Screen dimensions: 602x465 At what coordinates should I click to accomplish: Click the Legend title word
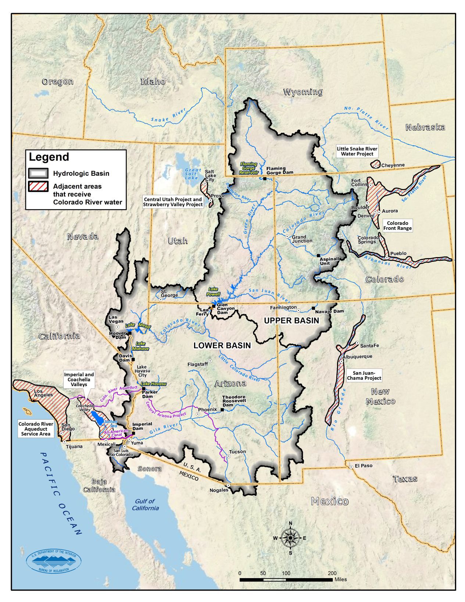(x=49, y=157)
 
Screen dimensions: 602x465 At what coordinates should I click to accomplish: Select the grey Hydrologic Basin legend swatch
(x=38, y=173)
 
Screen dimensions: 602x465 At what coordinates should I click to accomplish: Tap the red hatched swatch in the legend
(x=38, y=186)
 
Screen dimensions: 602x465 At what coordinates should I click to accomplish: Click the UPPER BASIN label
(x=291, y=321)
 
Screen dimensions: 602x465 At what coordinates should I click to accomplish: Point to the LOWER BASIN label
(x=222, y=346)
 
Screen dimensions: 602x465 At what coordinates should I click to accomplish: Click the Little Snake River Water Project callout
(x=357, y=152)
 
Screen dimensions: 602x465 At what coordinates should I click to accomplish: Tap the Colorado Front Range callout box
(x=397, y=225)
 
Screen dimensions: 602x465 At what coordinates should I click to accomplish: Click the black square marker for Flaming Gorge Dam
(x=265, y=179)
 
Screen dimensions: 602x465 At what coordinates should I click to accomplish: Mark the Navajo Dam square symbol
(x=313, y=308)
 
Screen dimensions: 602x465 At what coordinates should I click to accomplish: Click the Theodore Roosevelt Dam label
(x=234, y=401)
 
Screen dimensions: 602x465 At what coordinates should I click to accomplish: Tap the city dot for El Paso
(x=351, y=466)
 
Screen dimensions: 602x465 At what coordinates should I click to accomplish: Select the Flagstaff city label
(x=197, y=364)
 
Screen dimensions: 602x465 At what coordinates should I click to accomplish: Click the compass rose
(x=290, y=538)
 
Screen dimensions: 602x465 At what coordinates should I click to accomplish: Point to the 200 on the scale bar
(x=332, y=573)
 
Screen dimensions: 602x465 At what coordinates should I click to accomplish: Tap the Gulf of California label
(x=146, y=505)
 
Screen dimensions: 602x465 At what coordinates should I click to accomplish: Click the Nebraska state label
(x=425, y=127)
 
